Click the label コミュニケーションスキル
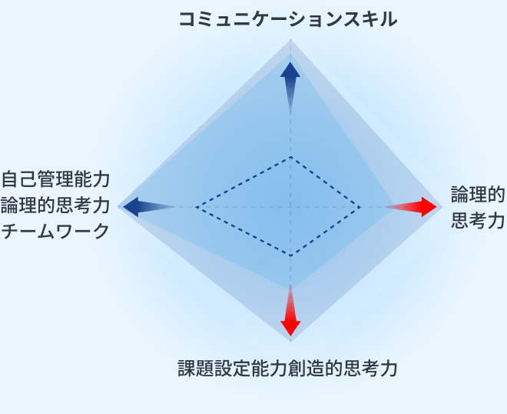(x=288, y=19)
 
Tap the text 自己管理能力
(x=56, y=179)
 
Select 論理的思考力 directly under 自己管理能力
(x=55, y=205)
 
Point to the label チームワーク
(x=55, y=231)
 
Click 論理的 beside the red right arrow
(x=478, y=195)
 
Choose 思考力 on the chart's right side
(x=478, y=221)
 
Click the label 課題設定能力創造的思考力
(x=287, y=369)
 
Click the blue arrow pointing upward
(x=290, y=88)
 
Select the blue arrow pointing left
(x=149, y=207)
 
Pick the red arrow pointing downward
(x=290, y=310)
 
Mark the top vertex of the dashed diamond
(x=290, y=157)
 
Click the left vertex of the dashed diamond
(x=196, y=207)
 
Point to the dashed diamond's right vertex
(x=360, y=207)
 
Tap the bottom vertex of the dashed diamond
(x=290, y=256)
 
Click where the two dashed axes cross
(x=290, y=207)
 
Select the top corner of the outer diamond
(x=290, y=39)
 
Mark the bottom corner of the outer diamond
(x=290, y=342)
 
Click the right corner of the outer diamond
(x=442, y=207)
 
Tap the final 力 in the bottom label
(x=389, y=369)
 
